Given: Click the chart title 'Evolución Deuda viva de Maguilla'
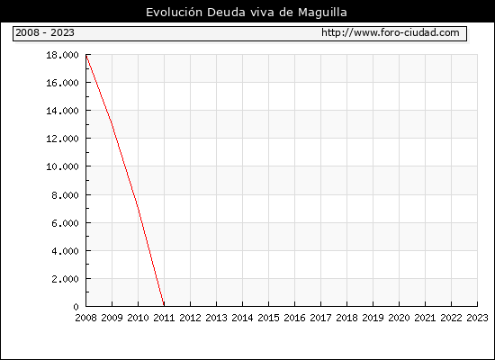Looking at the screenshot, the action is point(247,13).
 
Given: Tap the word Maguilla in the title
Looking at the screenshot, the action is point(322,13).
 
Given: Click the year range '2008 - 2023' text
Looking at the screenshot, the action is point(45,32).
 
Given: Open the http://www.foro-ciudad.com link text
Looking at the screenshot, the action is point(391,32).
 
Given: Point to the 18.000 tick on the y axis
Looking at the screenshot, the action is point(62,55).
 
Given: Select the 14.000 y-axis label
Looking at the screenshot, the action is point(62,111).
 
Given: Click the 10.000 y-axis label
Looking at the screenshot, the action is point(62,166).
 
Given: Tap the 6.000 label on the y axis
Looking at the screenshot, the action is point(65,223).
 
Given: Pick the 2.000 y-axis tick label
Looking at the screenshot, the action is point(65,279).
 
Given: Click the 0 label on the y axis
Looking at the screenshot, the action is point(76,307).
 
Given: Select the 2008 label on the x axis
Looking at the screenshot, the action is point(85,318).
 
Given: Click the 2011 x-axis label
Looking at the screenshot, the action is point(164,318).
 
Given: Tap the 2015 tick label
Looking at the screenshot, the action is point(269,318).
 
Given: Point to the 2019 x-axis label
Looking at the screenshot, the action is point(373,318).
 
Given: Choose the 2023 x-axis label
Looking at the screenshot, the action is point(477,318).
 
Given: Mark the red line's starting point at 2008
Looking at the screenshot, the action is point(86,55).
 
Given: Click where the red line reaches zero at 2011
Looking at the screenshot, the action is point(164,306).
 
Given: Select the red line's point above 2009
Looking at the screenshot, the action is point(112,126).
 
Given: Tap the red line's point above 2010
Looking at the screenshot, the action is point(139,209).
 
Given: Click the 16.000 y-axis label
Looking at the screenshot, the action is point(62,83).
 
